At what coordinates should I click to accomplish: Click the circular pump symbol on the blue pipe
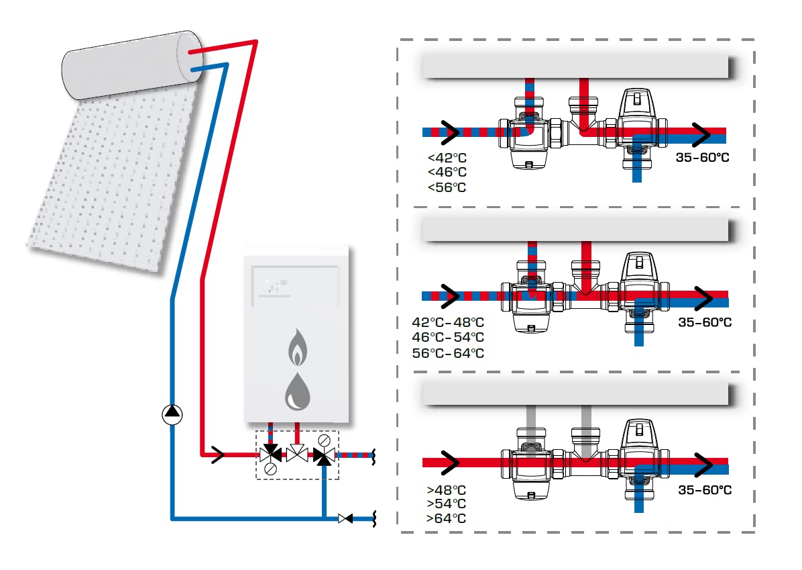tap(172, 415)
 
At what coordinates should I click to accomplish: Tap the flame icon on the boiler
tap(298, 347)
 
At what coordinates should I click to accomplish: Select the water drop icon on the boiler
tap(297, 391)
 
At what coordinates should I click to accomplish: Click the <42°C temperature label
tap(447, 158)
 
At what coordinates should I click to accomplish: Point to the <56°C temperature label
tap(447, 187)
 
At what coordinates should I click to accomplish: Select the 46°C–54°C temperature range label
tap(448, 338)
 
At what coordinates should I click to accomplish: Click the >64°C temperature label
tap(447, 519)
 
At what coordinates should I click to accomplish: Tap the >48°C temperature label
tap(447, 490)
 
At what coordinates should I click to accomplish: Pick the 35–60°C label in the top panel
tap(702, 158)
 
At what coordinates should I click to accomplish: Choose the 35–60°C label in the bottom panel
tap(705, 490)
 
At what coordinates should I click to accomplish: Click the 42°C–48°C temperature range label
tap(448, 323)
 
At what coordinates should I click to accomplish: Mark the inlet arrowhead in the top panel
tap(449, 133)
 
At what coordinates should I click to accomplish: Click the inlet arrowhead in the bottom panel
tap(449, 463)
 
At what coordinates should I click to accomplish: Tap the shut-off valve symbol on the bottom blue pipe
tap(346, 519)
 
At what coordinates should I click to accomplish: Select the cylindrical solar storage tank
tap(132, 64)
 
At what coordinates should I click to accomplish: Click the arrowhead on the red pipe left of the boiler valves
tap(219, 455)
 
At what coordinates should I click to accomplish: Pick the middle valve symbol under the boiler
tap(297, 454)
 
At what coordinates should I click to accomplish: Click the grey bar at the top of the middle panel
tap(575, 230)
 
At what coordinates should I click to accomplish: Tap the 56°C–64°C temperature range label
tap(448, 353)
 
